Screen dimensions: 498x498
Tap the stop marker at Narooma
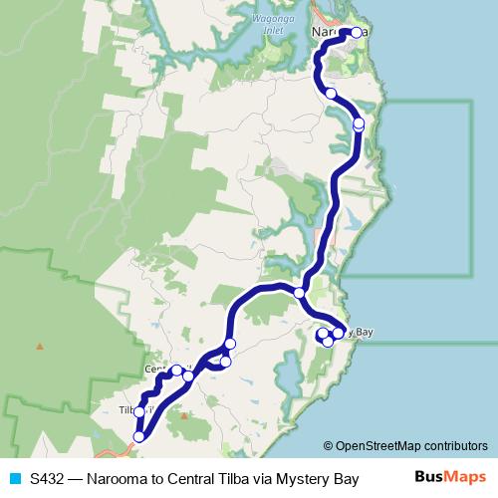click(x=357, y=32)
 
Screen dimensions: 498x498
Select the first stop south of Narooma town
click(x=330, y=93)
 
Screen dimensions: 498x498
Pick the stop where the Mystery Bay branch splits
click(x=299, y=292)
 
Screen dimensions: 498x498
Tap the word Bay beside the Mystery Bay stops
click(x=364, y=332)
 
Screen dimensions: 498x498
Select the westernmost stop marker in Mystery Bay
click(x=322, y=335)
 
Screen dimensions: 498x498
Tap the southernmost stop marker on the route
click(x=138, y=436)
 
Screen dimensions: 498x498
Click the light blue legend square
click(x=14, y=478)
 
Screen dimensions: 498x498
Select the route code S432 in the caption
click(x=48, y=478)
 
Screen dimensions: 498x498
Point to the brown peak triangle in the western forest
click(x=40, y=347)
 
